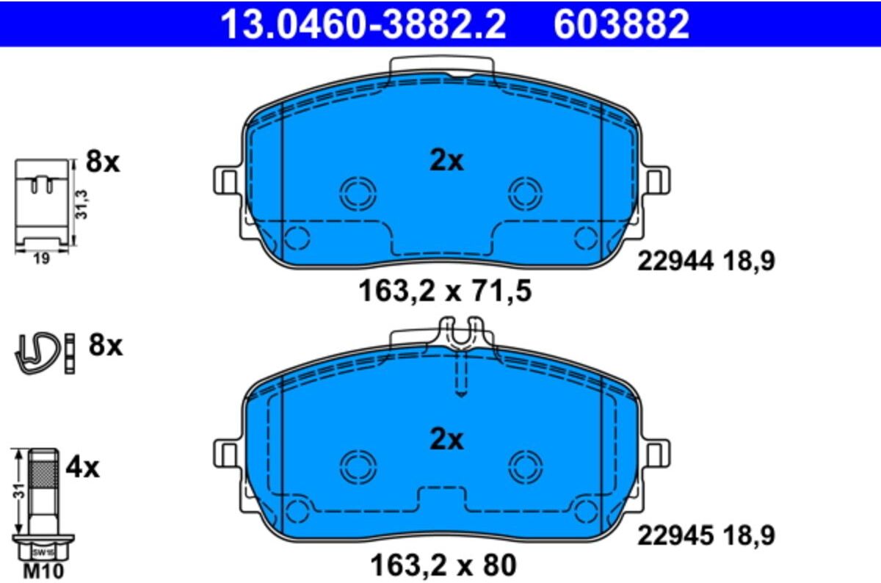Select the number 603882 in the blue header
pyautogui.click(x=621, y=24)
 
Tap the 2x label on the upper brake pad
pyautogui.click(x=446, y=162)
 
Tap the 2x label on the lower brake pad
pyautogui.click(x=446, y=439)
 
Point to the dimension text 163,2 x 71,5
pyautogui.click(x=445, y=291)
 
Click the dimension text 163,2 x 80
pyautogui.click(x=443, y=565)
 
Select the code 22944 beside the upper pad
pyautogui.click(x=675, y=261)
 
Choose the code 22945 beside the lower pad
pyautogui.click(x=675, y=535)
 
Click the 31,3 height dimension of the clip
pyautogui.click(x=81, y=204)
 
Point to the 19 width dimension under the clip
pyautogui.click(x=41, y=259)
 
